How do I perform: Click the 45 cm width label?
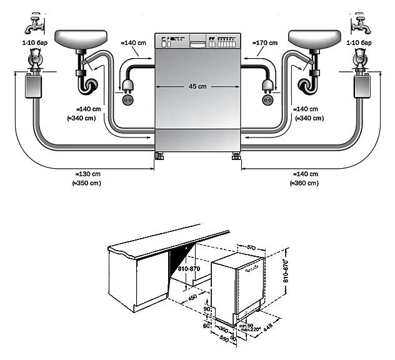(x=197, y=86)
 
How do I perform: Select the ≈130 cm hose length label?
(x=87, y=174)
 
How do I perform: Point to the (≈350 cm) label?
(x=87, y=183)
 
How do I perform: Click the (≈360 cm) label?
(x=304, y=183)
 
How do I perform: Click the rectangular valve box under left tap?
(x=29, y=87)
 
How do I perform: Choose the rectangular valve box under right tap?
(x=364, y=87)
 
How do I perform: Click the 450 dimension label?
(x=192, y=297)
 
